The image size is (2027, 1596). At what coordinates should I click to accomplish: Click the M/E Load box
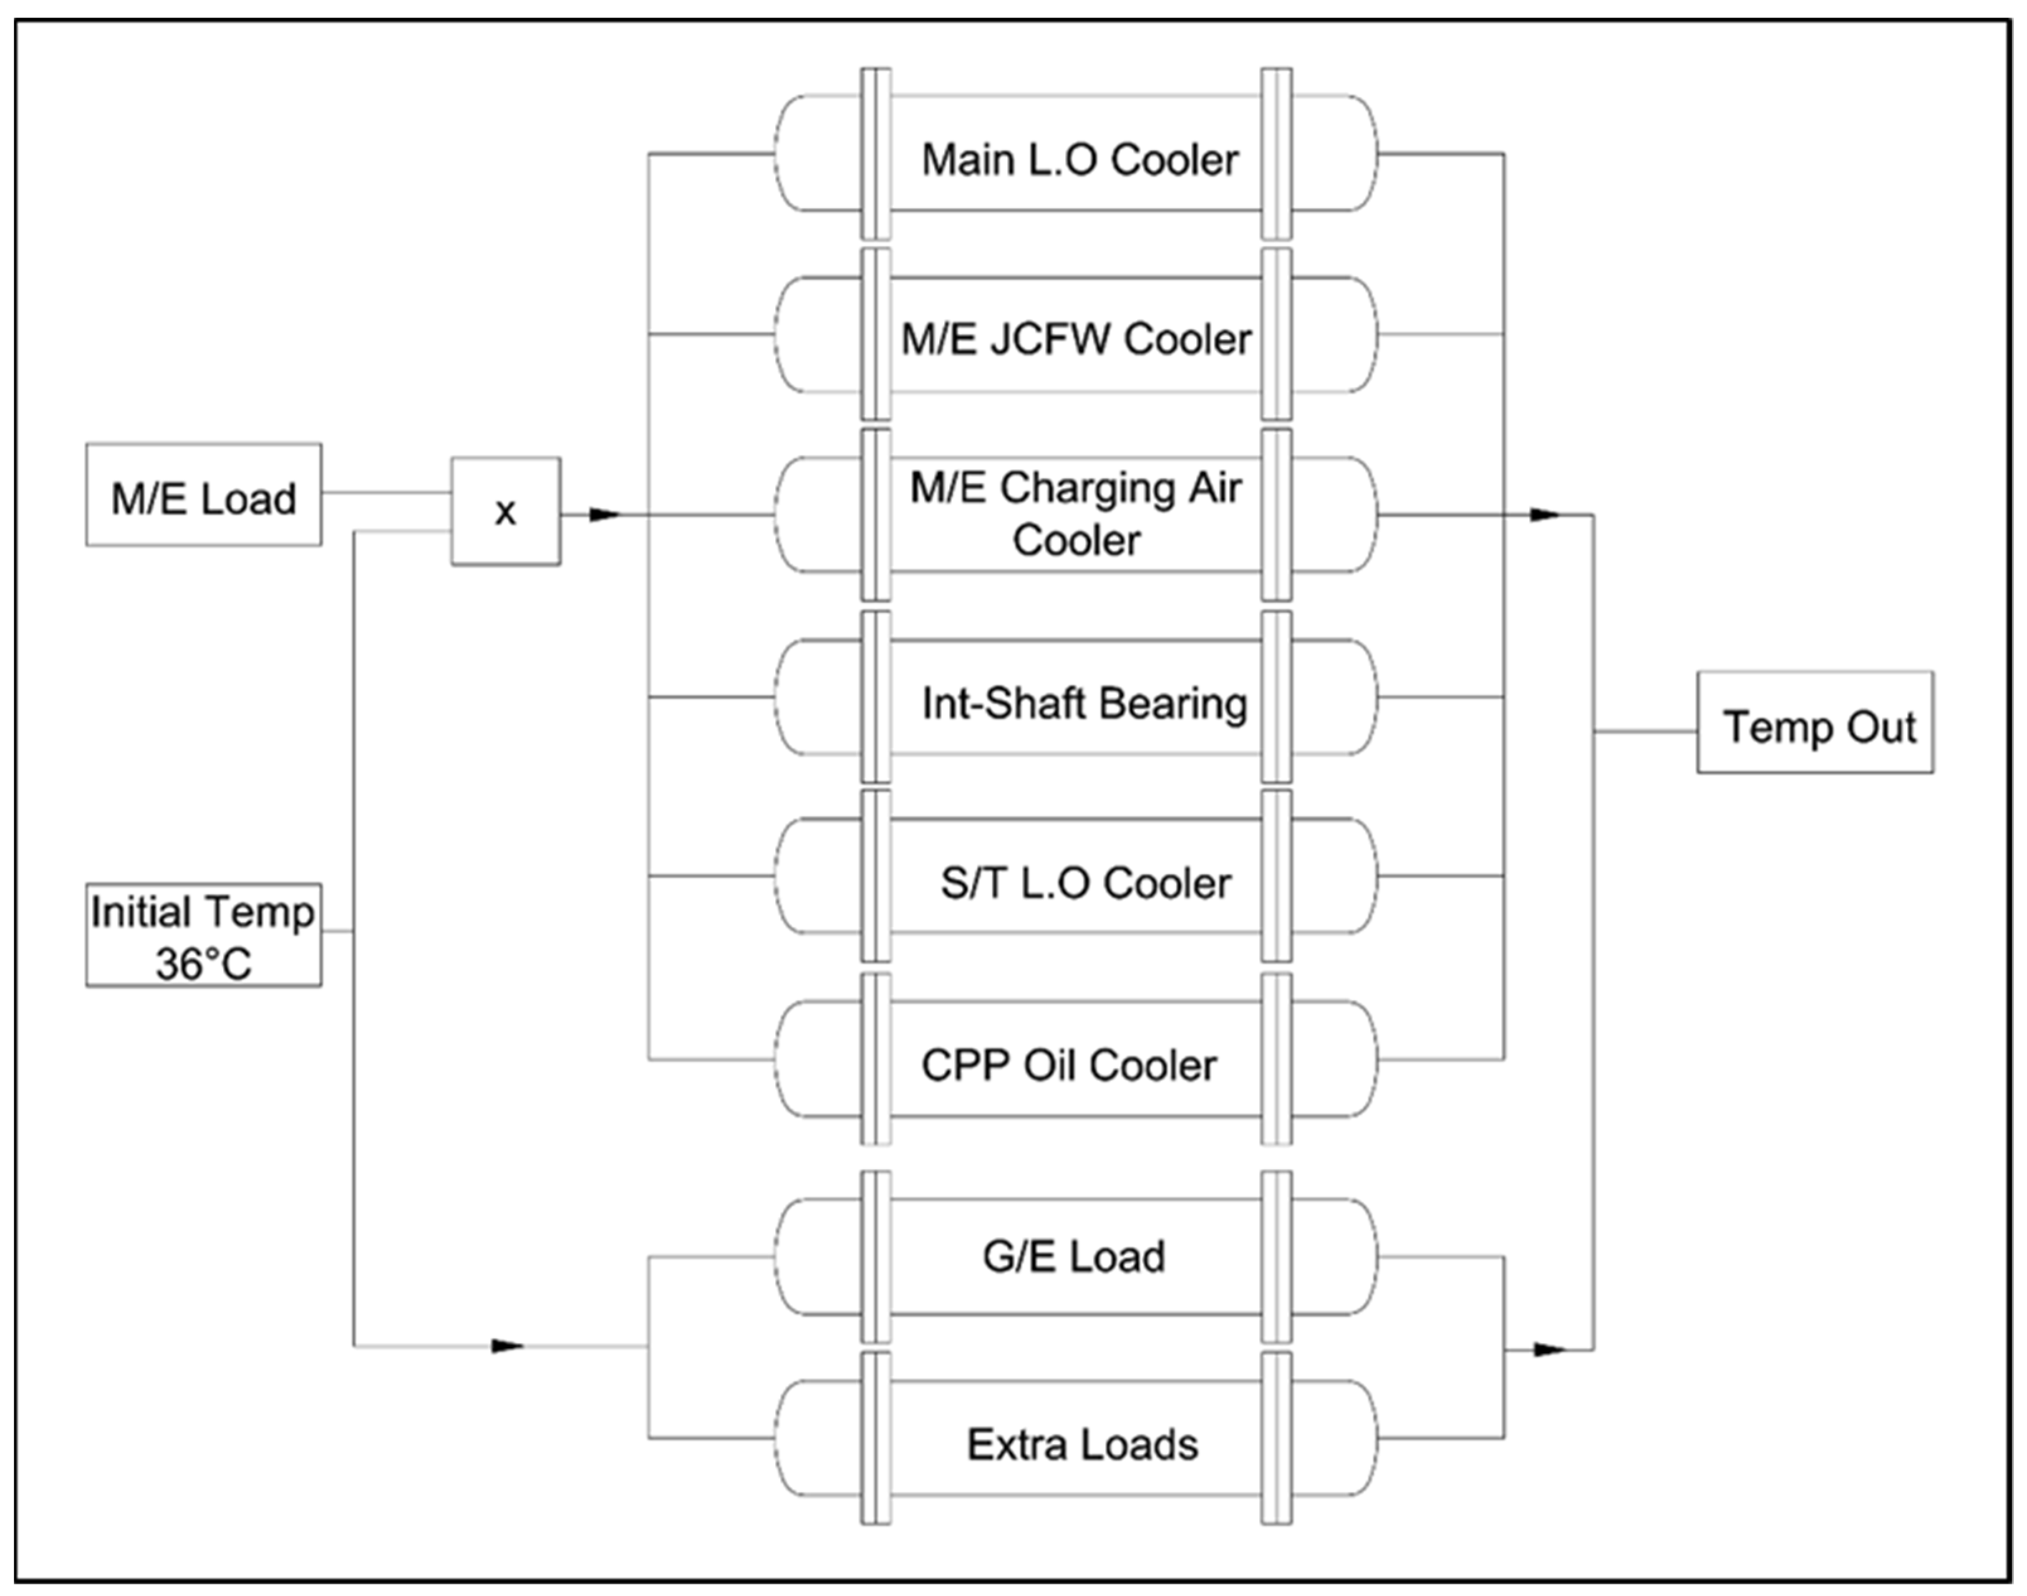click(x=203, y=495)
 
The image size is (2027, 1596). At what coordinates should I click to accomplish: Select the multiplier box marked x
click(x=505, y=511)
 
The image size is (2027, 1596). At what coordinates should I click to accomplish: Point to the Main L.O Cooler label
click(x=1079, y=160)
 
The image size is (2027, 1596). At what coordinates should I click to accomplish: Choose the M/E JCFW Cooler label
click(x=1075, y=339)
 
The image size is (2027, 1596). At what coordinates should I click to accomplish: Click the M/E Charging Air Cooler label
click(x=1075, y=514)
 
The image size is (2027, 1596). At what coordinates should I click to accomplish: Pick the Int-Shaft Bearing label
click(x=1083, y=704)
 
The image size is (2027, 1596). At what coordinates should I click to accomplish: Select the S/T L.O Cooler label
click(x=1085, y=883)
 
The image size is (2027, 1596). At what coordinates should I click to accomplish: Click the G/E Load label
click(x=1073, y=1256)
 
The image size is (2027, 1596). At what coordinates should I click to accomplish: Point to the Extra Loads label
click(x=1082, y=1445)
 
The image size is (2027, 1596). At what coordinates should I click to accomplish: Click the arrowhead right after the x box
click(x=604, y=515)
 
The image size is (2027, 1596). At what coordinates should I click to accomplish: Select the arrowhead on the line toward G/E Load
click(x=507, y=1346)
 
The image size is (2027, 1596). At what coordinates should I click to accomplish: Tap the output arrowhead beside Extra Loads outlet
click(x=1549, y=1350)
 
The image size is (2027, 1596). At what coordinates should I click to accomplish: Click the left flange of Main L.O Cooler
click(x=875, y=154)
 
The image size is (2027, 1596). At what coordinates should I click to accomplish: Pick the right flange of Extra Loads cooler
click(x=1276, y=1439)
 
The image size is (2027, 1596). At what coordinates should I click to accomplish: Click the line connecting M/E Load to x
click(x=386, y=492)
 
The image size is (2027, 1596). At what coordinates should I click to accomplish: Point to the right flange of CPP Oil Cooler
click(x=1276, y=1059)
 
